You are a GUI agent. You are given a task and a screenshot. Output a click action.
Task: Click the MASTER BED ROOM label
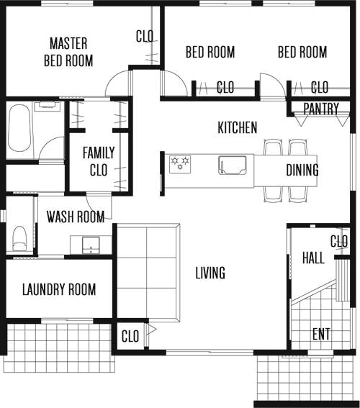pos(68,52)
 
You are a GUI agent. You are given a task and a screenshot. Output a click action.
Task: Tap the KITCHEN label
pos(238,127)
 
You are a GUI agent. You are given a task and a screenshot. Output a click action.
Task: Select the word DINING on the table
pos(302,170)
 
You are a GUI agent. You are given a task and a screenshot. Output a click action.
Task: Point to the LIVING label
pos(210,273)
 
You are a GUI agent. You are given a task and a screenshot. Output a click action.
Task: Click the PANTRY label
pos(321,109)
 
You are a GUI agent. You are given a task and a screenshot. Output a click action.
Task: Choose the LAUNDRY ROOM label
pos(59,289)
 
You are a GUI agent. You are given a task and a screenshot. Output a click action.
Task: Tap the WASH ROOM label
pos(76,217)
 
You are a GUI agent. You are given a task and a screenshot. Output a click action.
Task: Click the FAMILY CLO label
pos(99,161)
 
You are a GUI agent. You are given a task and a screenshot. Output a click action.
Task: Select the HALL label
pos(313,258)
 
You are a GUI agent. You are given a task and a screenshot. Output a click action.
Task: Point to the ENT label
pos(321,334)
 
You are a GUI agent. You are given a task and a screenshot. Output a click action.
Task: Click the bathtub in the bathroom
pos(19,128)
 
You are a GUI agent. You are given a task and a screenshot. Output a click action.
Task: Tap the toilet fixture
pos(19,238)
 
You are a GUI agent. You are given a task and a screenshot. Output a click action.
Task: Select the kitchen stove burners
pos(180,164)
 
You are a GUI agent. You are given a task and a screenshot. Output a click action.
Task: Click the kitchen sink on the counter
pos(232,165)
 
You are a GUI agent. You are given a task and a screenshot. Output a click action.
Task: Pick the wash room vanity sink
pos(91,245)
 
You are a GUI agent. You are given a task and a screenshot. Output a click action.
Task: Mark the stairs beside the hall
pos(342,280)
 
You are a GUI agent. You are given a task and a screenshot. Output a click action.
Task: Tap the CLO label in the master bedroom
pos(145,36)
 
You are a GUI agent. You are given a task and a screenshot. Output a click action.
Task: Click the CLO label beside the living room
pos(130,336)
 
